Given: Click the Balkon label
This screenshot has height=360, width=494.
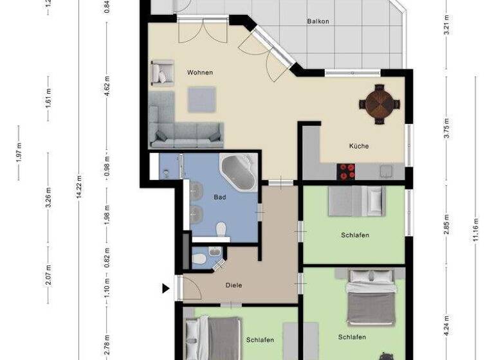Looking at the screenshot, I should pyautogui.click(x=318, y=21).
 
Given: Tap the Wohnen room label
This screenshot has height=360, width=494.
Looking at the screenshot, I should pyautogui.click(x=199, y=73).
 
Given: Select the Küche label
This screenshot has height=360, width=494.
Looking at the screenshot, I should pyautogui.click(x=359, y=146).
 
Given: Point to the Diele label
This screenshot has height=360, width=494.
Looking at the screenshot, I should pyautogui.click(x=233, y=285).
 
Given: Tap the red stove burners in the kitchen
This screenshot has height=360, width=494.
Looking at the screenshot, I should pyautogui.click(x=347, y=172).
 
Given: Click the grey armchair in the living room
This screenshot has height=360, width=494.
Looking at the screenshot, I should pyautogui.click(x=161, y=73).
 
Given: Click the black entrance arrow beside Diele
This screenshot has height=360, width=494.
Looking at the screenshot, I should pyautogui.click(x=166, y=289).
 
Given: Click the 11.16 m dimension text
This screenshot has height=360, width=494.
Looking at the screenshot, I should pyautogui.click(x=476, y=228).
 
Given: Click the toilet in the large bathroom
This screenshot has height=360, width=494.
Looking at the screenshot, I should pyautogui.click(x=221, y=228).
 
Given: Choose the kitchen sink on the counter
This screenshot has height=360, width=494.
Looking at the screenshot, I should pyautogui.click(x=386, y=171).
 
